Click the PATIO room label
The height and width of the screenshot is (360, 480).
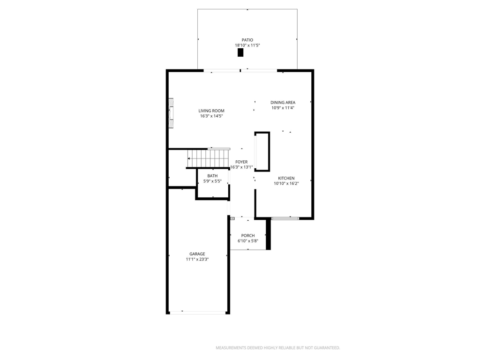[247, 40]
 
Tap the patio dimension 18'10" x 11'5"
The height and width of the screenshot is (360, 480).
[247, 45]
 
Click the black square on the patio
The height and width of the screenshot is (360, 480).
[240, 52]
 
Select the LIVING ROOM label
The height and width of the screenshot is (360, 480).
[211, 111]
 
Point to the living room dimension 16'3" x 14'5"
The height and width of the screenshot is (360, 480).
[211, 116]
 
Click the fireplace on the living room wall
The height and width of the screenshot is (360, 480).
[171, 113]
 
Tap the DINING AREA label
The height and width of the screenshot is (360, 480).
[283, 103]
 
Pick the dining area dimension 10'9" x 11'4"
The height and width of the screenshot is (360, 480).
[283, 108]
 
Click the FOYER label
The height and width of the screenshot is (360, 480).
[241, 162]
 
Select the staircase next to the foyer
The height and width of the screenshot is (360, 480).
[208, 158]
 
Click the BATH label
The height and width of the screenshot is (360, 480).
[212, 176]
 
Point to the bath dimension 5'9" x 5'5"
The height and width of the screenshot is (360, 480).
[212, 181]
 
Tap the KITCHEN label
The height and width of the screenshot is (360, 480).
[286, 178]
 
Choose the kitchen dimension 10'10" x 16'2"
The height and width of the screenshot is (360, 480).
[286, 184]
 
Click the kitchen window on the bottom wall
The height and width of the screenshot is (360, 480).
[285, 218]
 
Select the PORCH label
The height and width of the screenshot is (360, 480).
[248, 235]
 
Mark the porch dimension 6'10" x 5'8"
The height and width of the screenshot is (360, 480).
[248, 241]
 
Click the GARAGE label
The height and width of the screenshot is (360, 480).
[197, 254]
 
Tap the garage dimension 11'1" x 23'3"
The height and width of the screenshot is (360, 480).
[197, 259]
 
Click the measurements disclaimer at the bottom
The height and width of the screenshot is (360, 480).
[278, 348]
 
